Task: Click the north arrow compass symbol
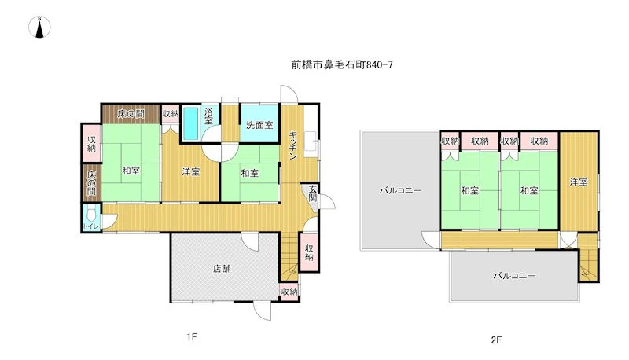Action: pyautogui.click(x=39, y=28)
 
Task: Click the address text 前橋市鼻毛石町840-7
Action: pyautogui.click(x=342, y=64)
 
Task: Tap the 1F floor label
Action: pyautogui.click(x=192, y=336)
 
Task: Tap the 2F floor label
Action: pyautogui.click(x=496, y=340)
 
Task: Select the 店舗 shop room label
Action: pyautogui.click(x=222, y=268)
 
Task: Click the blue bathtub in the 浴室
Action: pyautogui.click(x=190, y=123)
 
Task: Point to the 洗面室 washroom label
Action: pyautogui.click(x=259, y=125)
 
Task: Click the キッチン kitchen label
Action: pyautogui.click(x=293, y=145)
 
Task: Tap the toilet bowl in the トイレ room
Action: pyautogui.click(x=91, y=215)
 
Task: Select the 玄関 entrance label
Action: pyautogui.click(x=313, y=193)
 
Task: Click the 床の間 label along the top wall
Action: pyautogui.click(x=131, y=114)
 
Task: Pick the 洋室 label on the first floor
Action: pyautogui.click(x=190, y=171)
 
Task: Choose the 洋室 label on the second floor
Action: pyautogui.click(x=579, y=182)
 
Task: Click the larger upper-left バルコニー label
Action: pyautogui.click(x=401, y=190)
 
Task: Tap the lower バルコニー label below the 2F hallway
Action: pyautogui.click(x=515, y=276)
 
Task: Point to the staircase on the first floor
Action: pyautogui.click(x=289, y=256)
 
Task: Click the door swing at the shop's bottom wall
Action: pyautogui.click(x=263, y=311)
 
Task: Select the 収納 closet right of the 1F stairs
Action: pyautogui.click(x=309, y=252)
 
